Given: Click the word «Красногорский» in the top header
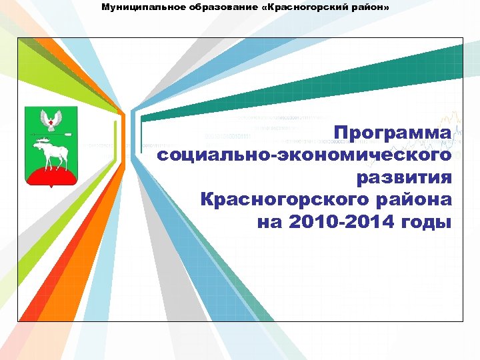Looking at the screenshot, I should (x=309, y=7).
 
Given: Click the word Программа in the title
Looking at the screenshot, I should (x=393, y=133).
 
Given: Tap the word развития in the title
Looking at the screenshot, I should (x=404, y=177).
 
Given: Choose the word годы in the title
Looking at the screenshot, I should (x=427, y=221).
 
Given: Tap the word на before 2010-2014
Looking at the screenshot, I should (x=269, y=221).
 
